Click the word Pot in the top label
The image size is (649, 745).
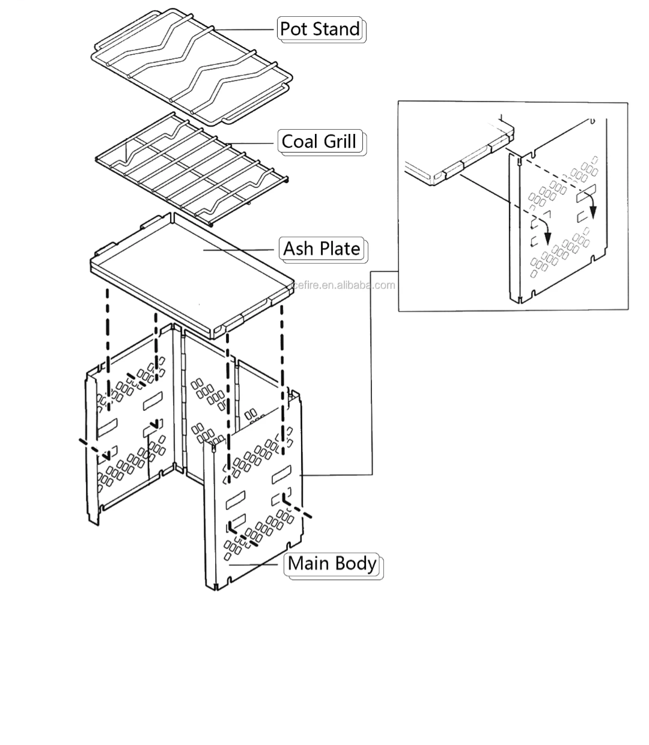pos(294,29)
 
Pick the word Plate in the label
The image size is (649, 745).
pos(340,249)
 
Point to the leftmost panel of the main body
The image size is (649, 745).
pos(120,439)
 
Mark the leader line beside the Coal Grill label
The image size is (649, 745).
pos(252,143)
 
